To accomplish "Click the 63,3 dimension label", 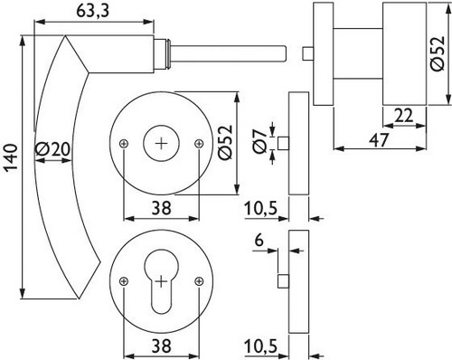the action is (93, 11).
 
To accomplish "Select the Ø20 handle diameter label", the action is (52, 149).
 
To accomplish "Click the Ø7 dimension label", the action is (259, 141).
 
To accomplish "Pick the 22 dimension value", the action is (404, 116).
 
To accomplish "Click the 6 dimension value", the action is (259, 241).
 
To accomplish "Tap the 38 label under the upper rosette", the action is (162, 208).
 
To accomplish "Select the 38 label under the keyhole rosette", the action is (162, 346).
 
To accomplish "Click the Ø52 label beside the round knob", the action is (438, 53).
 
